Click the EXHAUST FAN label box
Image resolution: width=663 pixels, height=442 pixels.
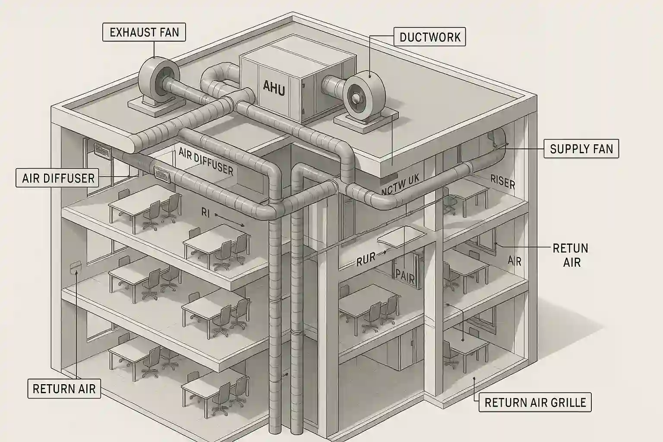pyautogui.click(x=144, y=32)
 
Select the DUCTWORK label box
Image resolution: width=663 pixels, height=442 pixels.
pyautogui.click(x=430, y=37)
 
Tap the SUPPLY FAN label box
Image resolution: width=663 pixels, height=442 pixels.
pyautogui.click(x=581, y=149)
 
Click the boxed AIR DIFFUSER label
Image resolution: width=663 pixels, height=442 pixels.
pyautogui.click(x=58, y=178)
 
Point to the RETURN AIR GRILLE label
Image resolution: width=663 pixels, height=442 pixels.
pyautogui.click(x=535, y=403)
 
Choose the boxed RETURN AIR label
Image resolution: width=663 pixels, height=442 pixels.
pyautogui.click(x=64, y=388)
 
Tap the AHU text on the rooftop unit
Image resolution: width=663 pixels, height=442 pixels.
pyautogui.click(x=274, y=88)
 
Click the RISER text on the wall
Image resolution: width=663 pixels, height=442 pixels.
pyautogui.click(x=502, y=182)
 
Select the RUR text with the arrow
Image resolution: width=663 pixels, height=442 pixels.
pyautogui.click(x=366, y=260)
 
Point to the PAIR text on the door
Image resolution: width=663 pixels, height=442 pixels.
pyautogui.click(x=405, y=275)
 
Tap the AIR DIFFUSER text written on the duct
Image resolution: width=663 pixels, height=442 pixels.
pyautogui.click(x=206, y=161)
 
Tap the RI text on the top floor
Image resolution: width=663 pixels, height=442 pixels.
pyautogui.click(x=205, y=212)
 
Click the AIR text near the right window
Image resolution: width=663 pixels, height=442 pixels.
pyautogui.click(x=515, y=261)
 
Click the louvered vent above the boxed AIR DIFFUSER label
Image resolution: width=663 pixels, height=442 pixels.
pyautogui.click(x=103, y=150)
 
